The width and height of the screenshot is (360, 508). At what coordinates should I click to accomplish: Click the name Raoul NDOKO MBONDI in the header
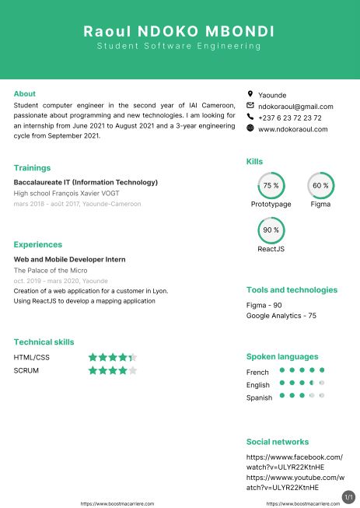[x=179, y=31]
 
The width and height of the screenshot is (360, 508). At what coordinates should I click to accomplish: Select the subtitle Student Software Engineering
[x=179, y=47]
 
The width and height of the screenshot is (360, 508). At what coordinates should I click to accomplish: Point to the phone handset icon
[x=250, y=117]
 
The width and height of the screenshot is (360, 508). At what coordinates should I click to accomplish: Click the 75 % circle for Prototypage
[x=271, y=186]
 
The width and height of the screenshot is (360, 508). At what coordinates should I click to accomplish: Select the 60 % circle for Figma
[x=320, y=186]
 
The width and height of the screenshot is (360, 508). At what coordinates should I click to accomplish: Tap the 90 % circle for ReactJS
[x=271, y=230]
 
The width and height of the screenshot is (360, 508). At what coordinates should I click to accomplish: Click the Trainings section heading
[x=32, y=167]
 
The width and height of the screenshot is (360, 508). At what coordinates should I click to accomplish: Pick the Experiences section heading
[x=38, y=244]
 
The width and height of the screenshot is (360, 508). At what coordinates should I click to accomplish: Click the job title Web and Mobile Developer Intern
[x=70, y=259]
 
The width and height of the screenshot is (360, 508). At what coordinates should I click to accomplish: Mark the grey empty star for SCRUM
[x=132, y=370]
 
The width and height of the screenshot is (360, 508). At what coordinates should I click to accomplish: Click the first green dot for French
[x=281, y=370]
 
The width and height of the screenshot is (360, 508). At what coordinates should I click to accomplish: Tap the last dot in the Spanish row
[x=321, y=396]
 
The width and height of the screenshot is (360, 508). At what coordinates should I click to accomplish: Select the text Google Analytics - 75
[x=281, y=316]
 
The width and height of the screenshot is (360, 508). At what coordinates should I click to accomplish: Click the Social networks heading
[x=278, y=441]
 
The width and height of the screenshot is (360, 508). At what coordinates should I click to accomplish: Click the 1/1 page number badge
[x=348, y=496]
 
